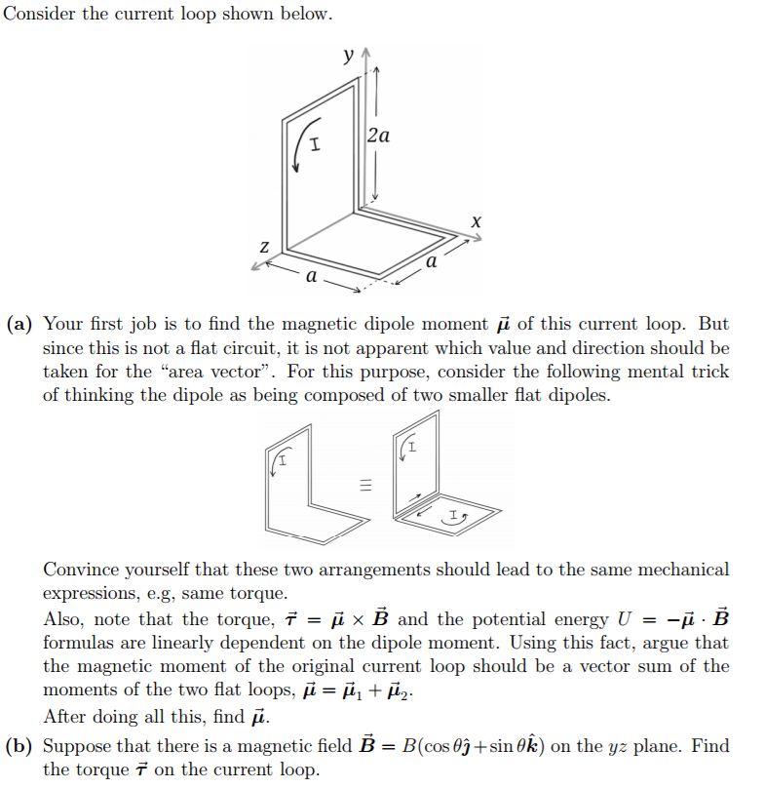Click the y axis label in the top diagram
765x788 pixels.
click(348, 55)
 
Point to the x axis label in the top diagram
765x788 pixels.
click(476, 222)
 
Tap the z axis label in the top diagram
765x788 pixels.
click(263, 250)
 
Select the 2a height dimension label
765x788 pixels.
click(380, 136)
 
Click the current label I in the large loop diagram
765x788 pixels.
click(315, 146)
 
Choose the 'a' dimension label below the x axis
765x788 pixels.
click(430, 262)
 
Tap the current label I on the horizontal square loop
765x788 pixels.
click(452, 514)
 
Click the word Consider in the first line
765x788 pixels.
click(36, 16)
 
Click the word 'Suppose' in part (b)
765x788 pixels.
click(80, 746)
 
